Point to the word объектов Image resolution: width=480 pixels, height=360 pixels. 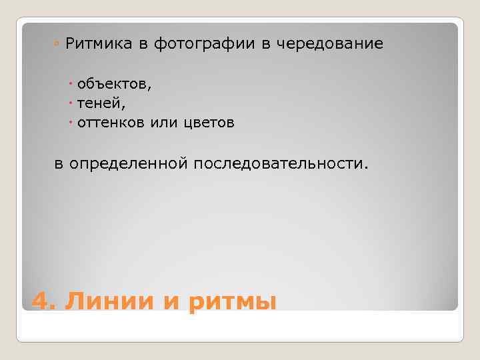pos(114,84)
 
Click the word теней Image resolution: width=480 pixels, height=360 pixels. pos(101,103)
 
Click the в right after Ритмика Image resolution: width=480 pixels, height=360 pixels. pos(143,45)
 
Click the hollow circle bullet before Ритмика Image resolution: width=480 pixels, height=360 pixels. pos(58,45)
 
